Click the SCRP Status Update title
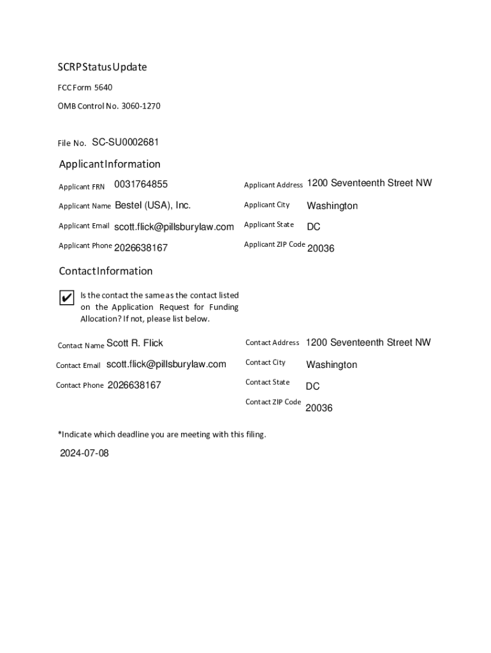103,67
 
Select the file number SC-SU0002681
126,142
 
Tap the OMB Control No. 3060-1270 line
109,106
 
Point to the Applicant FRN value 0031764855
141,184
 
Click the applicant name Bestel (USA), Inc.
153,205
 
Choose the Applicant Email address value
174,226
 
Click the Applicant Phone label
85,246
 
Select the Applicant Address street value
369,183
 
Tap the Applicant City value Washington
332,206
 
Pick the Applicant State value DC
314,227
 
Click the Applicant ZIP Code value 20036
321,249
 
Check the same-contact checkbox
66,297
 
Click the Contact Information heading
106,271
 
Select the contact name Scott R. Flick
135,343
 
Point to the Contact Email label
78,365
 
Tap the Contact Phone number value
135,385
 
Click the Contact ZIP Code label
273,402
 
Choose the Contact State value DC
312,386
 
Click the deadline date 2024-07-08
84,453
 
